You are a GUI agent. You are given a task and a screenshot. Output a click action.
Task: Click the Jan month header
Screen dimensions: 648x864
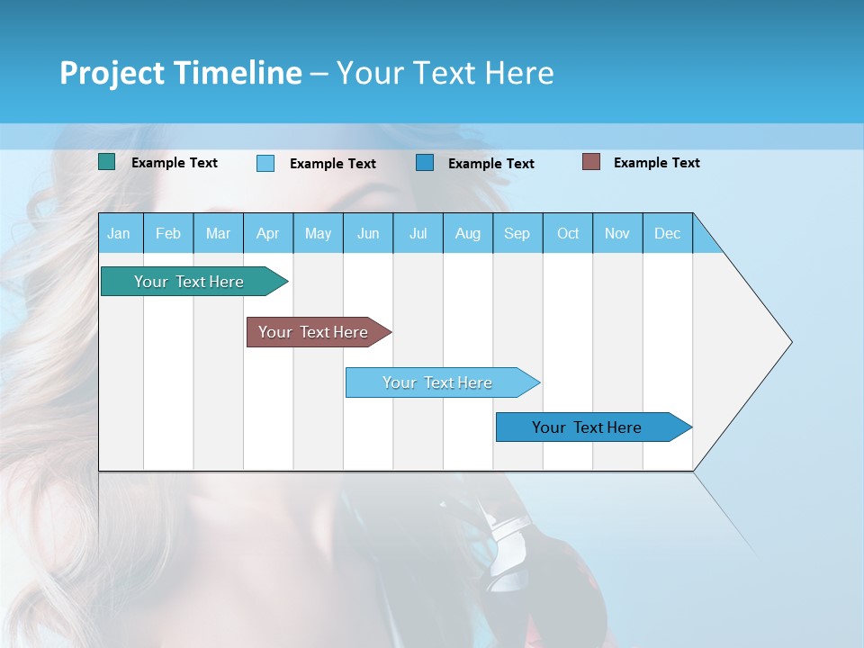(120, 233)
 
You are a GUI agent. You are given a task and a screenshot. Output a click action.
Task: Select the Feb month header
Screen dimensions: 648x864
(168, 233)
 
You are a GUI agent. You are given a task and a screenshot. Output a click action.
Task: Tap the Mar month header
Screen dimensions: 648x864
(218, 233)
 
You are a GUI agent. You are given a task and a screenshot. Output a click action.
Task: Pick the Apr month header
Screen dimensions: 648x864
(268, 233)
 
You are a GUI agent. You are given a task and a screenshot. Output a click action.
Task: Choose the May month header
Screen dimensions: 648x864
(318, 233)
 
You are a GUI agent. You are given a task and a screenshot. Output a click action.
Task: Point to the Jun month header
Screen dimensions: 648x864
(368, 233)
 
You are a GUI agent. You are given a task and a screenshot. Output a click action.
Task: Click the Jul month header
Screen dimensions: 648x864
(418, 233)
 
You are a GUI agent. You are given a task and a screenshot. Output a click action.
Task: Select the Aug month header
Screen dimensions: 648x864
(468, 233)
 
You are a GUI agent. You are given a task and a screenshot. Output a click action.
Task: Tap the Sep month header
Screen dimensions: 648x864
(517, 233)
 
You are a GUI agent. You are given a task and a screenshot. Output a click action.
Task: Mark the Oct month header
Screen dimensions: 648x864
(568, 233)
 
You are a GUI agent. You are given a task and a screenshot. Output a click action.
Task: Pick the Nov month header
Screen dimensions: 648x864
(617, 233)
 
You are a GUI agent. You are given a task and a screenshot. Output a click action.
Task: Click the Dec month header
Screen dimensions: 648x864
(668, 233)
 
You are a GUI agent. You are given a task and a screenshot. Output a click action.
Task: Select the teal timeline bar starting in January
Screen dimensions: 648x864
(190, 282)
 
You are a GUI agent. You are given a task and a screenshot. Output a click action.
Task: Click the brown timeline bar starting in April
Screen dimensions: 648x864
(314, 332)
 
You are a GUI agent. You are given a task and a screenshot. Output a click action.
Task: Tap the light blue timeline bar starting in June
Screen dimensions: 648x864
(438, 382)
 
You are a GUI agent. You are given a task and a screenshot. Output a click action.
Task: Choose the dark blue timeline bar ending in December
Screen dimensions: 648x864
(588, 427)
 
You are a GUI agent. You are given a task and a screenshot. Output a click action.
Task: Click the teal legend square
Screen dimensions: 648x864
(107, 162)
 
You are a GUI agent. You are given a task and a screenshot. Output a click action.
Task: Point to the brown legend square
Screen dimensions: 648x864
(591, 162)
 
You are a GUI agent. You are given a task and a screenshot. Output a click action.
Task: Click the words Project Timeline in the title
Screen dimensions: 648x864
(181, 73)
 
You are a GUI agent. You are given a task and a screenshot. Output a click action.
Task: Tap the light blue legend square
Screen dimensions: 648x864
(265, 163)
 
